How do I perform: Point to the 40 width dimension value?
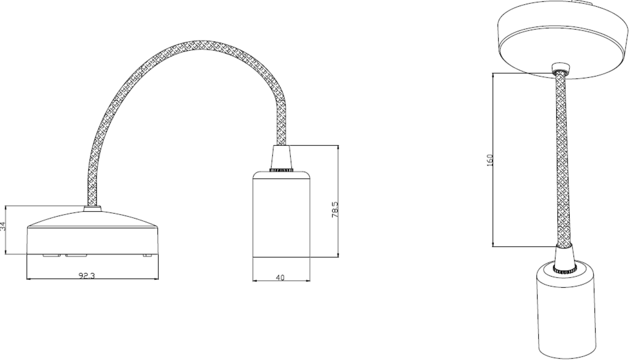[x=280, y=278]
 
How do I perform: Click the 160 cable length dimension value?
[x=490, y=160]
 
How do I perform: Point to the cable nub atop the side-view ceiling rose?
[x=93, y=209]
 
